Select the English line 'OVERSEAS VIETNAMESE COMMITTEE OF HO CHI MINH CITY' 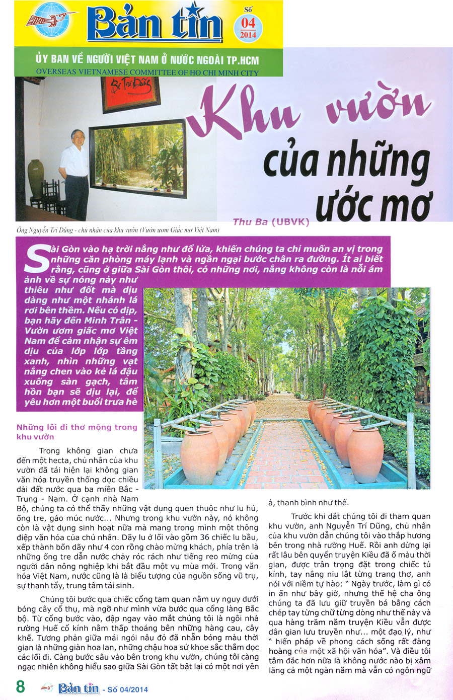point(147,72)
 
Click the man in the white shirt point(75,171)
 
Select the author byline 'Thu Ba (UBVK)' point(271,221)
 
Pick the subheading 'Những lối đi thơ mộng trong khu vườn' point(77,432)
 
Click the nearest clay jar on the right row point(365,455)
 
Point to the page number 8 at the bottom point(21,687)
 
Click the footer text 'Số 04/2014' point(127,689)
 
